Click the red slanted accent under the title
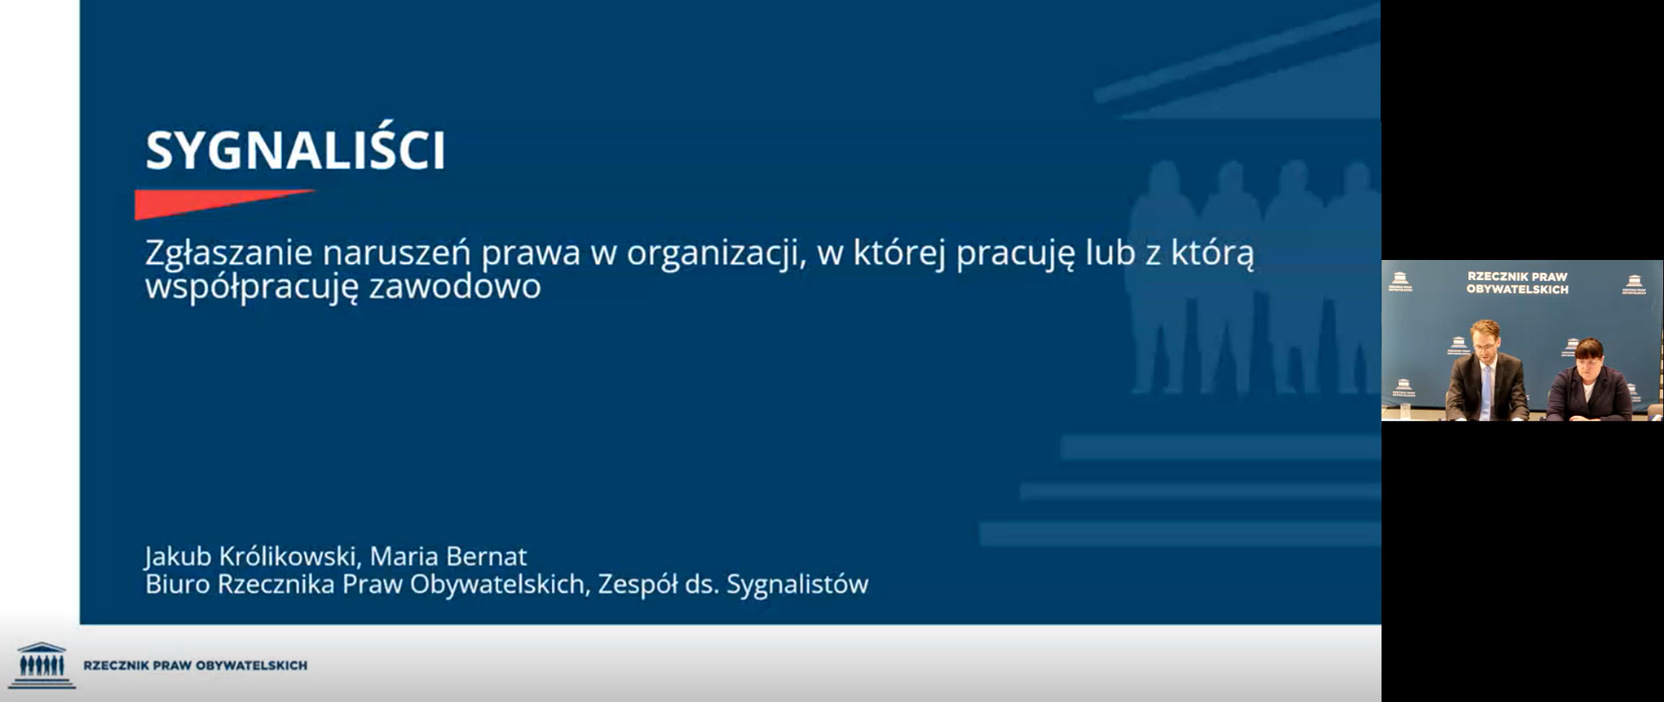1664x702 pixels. [x=224, y=203]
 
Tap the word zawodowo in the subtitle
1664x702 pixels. [x=455, y=286]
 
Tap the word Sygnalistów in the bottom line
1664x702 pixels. [x=797, y=585]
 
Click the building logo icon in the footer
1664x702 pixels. [x=42, y=666]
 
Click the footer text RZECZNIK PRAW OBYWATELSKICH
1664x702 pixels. [x=195, y=666]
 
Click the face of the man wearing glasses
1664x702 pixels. [x=1485, y=340]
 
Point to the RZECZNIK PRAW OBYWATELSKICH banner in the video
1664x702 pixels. [x=1518, y=283]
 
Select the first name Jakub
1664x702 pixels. [x=178, y=556]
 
